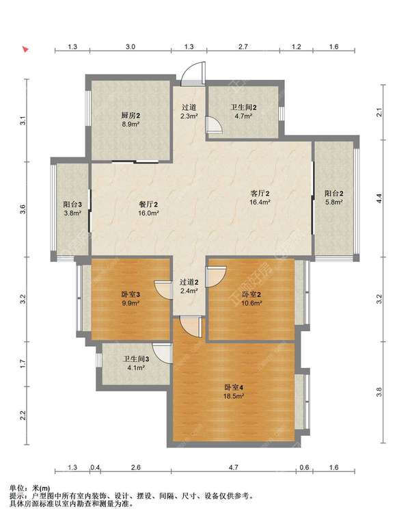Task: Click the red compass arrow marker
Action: pos(25,49)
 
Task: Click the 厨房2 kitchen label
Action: pos(131,116)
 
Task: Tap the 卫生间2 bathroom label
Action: pos(243,107)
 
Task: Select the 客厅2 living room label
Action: pos(260,193)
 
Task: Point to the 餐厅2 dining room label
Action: pos(148,205)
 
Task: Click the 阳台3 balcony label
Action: pos(72,205)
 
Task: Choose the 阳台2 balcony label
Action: pos(334,193)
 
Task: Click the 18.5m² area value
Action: pos(234,396)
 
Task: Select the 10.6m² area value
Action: pos(251,303)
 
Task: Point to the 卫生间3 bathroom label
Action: pos(136,359)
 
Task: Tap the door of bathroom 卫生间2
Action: pos(213,125)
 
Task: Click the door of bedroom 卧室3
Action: pos(163,289)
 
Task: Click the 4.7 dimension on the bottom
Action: pos(234,467)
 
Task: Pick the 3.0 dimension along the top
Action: pos(131,47)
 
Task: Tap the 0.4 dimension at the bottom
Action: pos(95,467)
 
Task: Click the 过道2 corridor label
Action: pos(189,282)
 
